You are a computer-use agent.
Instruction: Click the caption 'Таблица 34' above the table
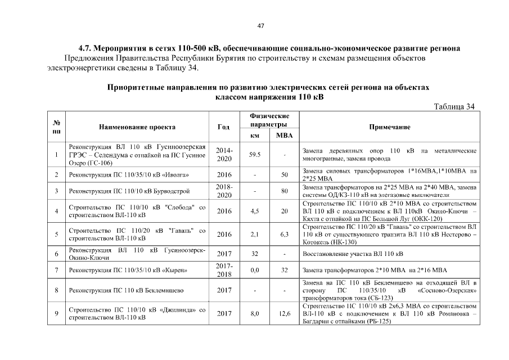(x=454, y=107)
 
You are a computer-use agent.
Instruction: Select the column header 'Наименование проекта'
(x=137, y=127)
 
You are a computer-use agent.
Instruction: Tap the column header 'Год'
(x=224, y=127)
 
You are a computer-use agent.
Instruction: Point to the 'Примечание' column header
(x=389, y=127)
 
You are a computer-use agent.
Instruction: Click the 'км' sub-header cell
(x=255, y=136)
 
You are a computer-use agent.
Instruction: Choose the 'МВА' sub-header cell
(x=284, y=136)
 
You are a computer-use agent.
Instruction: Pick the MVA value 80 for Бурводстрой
(x=284, y=191)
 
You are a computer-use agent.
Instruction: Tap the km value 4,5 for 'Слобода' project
(x=255, y=211)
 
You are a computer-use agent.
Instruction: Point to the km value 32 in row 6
(x=255, y=254)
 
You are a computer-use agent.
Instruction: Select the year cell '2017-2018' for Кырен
(x=224, y=269)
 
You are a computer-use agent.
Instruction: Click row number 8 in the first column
(x=57, y=290)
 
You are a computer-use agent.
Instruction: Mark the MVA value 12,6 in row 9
(x=284, y=313)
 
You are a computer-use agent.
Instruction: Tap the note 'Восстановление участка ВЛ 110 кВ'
(x=353, y=254)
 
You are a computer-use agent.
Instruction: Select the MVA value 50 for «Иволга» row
(x=284, y=174)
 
